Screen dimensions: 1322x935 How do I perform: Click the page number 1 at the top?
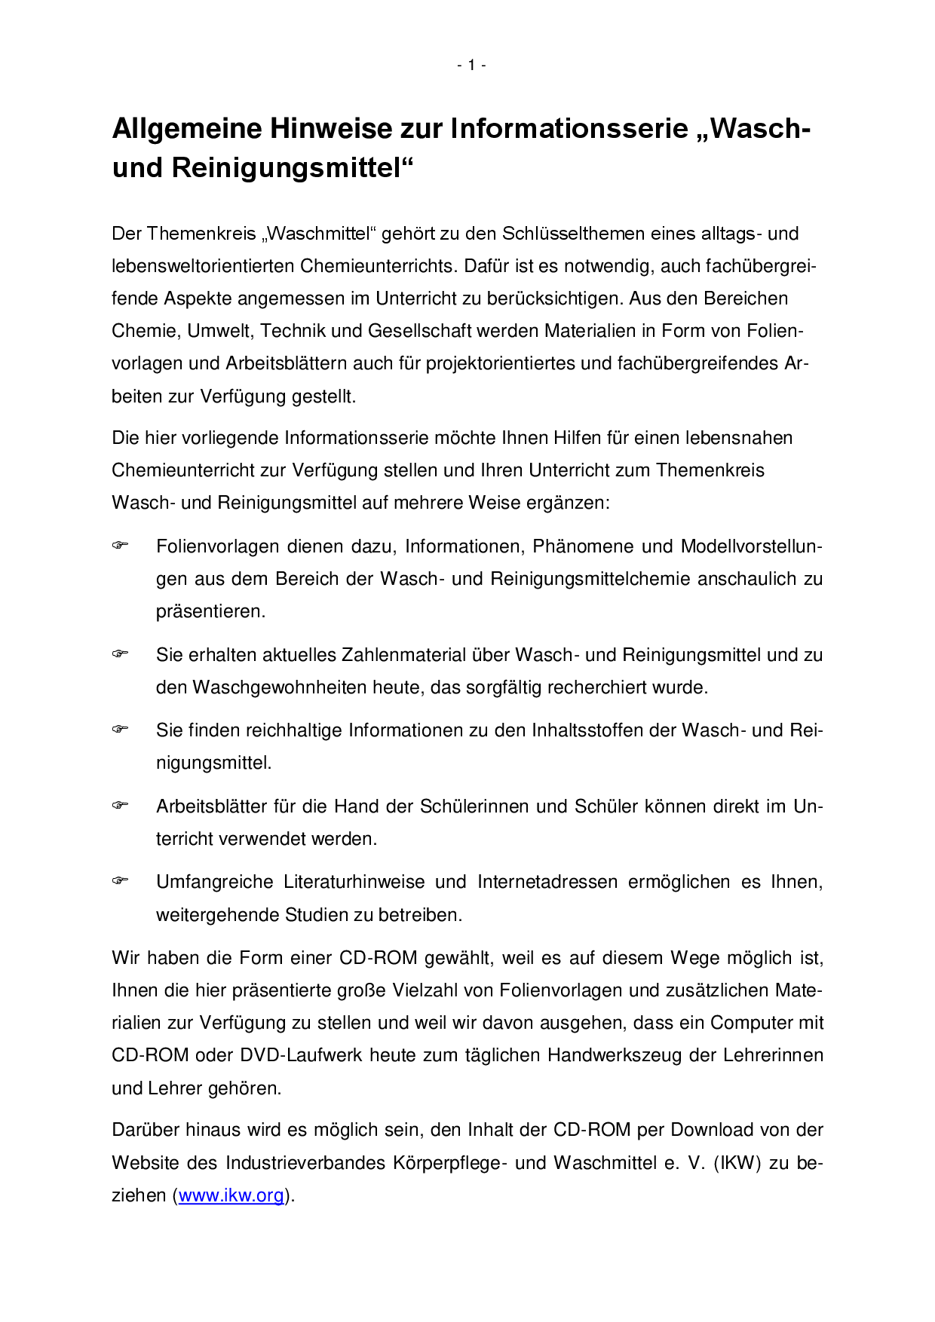tap(471, 66)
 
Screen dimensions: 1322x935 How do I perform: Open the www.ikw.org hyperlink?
tap(231, 1195)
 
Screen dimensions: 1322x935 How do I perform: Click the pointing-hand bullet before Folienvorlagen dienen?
tap(121, 545)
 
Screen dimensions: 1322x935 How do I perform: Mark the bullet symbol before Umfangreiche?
tap(121, 880)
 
